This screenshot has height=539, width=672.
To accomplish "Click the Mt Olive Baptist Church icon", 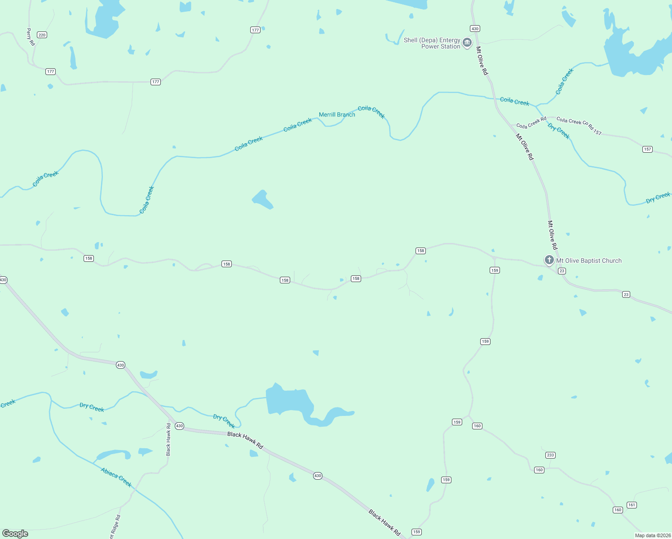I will coord(549,260).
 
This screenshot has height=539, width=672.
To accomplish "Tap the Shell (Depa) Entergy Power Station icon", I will coord(467,43).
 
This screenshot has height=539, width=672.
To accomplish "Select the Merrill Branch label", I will coord(337,115).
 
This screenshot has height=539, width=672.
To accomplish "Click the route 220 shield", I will coord(42,35).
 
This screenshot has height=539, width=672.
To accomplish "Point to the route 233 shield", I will coord(550,455).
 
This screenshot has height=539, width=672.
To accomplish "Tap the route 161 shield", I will coord(632,505).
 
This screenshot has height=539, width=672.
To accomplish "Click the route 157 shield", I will coord(647,149).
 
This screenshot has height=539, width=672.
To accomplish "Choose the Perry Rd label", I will coord(30,37).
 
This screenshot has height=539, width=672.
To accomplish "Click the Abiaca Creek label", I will coord(116,477).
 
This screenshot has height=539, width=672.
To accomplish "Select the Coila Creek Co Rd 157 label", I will coord(579,125).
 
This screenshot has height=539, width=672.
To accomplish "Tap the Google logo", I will coord(15,534).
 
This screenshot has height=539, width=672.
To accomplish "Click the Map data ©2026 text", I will coord(652,535).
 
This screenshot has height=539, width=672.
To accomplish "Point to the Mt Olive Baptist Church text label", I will coord(589,261).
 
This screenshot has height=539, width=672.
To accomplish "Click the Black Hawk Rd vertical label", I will coord(168,439).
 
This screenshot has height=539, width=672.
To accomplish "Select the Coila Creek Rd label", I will coord(531,123).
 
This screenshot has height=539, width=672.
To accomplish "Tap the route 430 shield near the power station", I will coord(475,29).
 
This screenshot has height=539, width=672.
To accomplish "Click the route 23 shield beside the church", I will coord(561,271).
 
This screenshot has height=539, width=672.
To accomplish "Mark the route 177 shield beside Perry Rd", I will coord(50,71).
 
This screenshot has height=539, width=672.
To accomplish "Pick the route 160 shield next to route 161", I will coord(618,510).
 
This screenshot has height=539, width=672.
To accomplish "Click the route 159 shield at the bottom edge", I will coord(416,532).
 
